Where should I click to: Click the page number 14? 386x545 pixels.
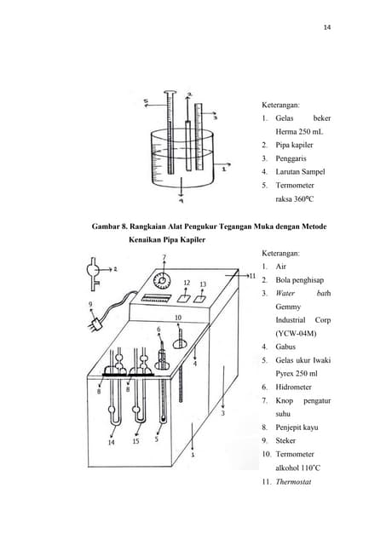[327, 27]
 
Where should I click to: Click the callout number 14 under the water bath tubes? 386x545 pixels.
[112, 442]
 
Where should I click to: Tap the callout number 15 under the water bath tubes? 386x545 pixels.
[135, 442]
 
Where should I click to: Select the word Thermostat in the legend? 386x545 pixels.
[294, 482]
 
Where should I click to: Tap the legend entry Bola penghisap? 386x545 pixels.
[302, 278]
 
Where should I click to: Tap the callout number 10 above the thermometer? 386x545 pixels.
[178, 318]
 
